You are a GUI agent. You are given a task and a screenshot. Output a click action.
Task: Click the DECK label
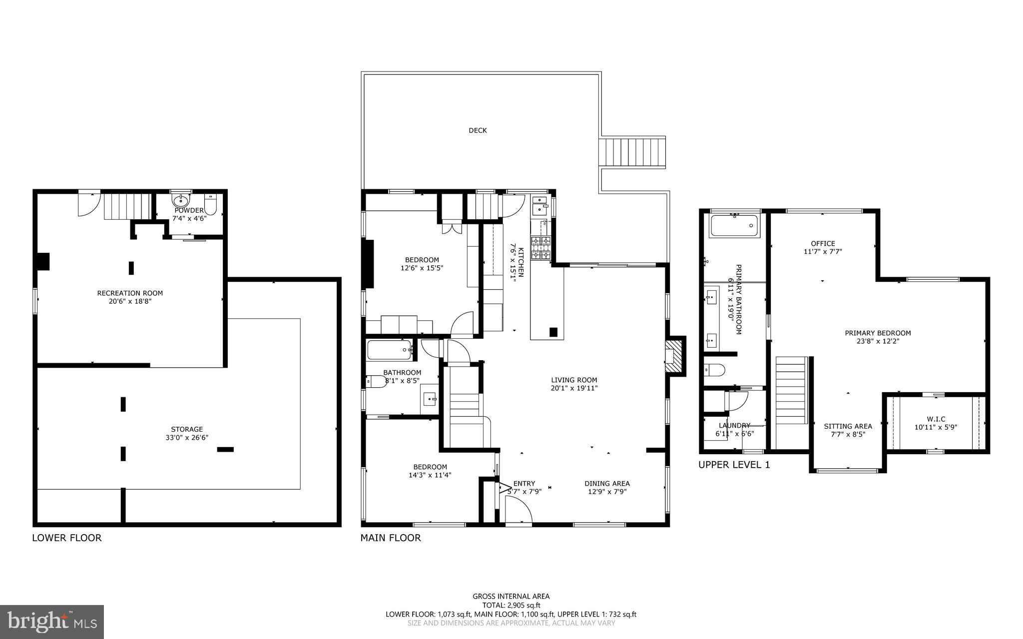(478, 130)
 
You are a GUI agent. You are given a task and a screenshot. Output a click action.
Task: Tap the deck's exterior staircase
(632, 152)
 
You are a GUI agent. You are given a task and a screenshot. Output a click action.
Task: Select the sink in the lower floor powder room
(180, 201)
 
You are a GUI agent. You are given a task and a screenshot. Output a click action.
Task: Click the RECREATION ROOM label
(130, 293)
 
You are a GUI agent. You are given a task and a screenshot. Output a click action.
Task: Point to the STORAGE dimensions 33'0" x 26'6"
(187, 437)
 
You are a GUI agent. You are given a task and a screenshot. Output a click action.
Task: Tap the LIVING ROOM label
(574, 380)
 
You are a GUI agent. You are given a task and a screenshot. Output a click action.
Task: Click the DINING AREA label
(607, 483)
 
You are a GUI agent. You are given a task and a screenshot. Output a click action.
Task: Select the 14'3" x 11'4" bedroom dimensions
(430, 475)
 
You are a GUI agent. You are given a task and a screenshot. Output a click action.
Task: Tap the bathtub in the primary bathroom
(734, 226)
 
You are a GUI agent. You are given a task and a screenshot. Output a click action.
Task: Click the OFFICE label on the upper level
(823, 244)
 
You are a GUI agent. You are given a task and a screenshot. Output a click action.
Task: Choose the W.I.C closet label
(936, 419)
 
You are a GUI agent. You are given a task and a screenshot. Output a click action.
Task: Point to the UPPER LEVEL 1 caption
(734, 465)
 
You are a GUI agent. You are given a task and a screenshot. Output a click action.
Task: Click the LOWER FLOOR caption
(66, 538)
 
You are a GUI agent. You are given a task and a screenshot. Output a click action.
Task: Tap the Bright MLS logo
(51, 621)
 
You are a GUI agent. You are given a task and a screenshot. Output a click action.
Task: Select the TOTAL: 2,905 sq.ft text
(511, 605)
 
